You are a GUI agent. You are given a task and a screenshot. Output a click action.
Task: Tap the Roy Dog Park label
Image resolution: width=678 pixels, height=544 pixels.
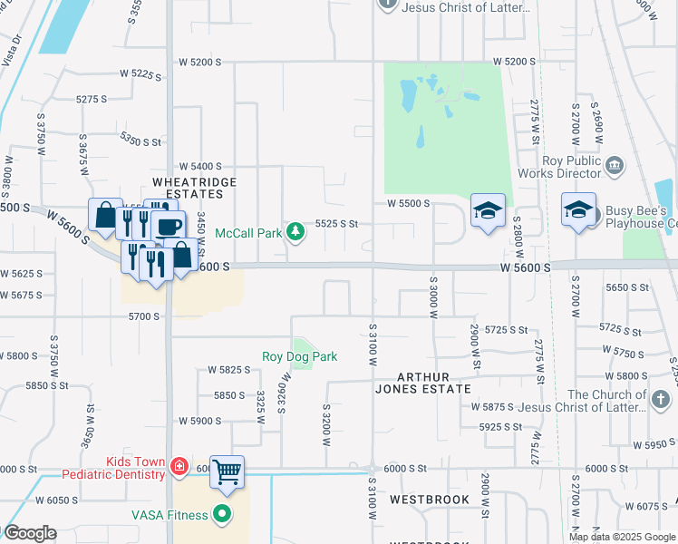pos(300,356)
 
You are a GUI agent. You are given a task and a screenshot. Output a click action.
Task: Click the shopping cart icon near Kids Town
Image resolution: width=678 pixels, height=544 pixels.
pos(227,471)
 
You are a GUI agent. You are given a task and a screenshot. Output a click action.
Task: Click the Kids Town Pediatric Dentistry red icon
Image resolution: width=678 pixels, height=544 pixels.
pos(180,467)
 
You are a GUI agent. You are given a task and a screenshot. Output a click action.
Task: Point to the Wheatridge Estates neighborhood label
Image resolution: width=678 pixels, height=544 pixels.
pos(188,188)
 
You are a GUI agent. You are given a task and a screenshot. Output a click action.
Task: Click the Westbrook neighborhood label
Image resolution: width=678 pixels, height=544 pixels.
pos(430,500)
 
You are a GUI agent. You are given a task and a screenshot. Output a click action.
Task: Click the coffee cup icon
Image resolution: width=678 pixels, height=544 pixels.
pos(169,226)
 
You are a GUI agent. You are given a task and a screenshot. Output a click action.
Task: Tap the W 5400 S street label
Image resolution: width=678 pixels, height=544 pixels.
pos(200,167)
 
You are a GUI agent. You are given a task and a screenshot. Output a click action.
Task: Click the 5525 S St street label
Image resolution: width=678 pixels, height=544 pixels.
pos(336,223)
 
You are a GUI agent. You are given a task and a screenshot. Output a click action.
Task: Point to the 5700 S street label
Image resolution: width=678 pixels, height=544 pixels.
pos(144,316)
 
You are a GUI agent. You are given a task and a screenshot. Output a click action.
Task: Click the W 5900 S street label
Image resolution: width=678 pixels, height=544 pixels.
pos(200,421)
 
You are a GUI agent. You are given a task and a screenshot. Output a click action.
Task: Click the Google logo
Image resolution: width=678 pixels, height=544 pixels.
pos(30,533)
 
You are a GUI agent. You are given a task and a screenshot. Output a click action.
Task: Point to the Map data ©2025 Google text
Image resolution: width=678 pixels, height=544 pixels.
pos(622,537)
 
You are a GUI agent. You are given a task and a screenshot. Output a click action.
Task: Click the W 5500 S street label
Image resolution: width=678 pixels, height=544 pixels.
pos(408,203)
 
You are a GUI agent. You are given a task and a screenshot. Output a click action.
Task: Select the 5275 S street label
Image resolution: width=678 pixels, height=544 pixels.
pos(92,99)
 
